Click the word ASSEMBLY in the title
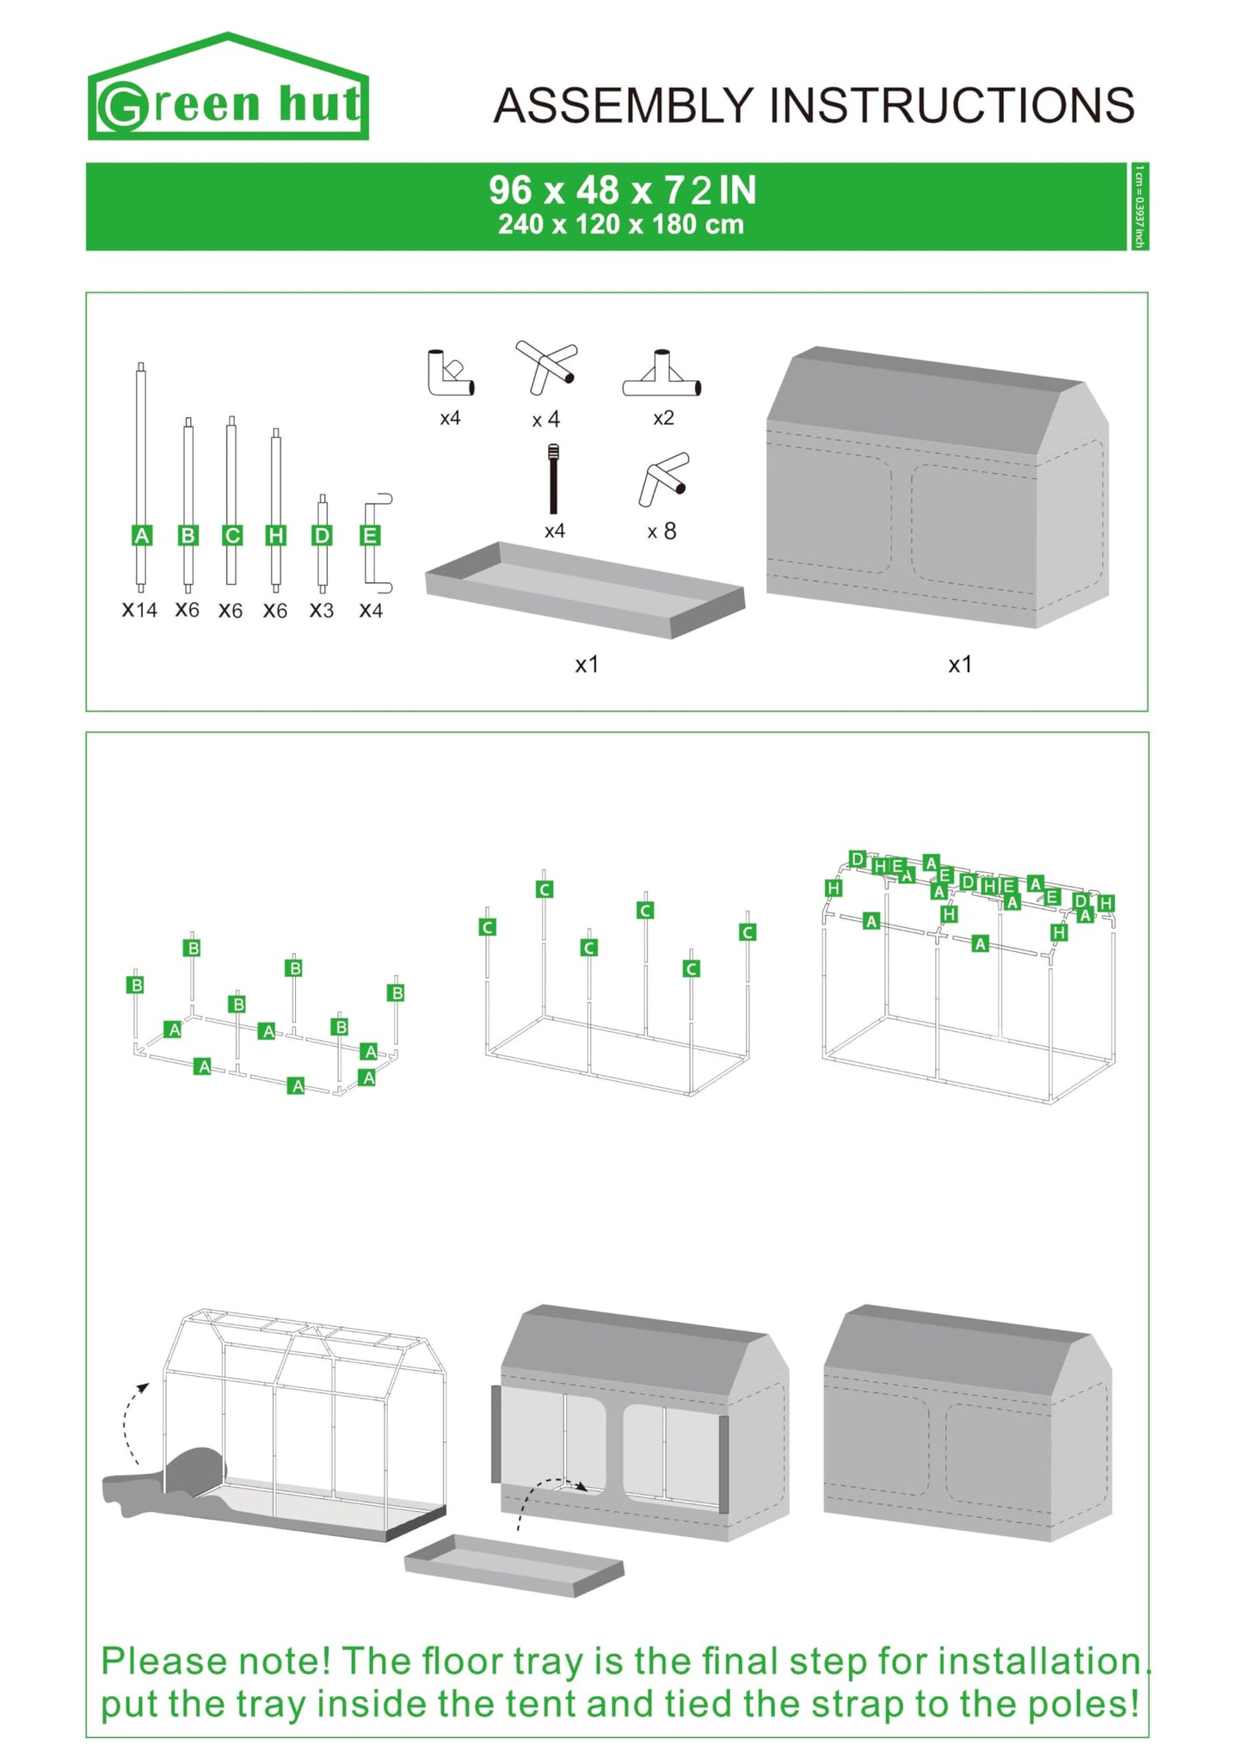pos(623,106)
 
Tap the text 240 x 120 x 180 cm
pos(620,225)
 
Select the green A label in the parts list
pos(142,536)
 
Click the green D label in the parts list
pos(322,536)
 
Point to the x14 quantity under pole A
pos(139,611)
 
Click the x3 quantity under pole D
pos(322,611)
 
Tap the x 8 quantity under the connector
pos(661,532)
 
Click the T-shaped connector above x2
pos(661,376)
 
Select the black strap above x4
pos(554,479)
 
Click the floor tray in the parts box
pos(585,589)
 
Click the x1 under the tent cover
pos(960,665)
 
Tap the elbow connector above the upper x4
pos(450,373)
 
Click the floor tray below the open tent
pos(514,1565)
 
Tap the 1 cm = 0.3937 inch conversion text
pos(1139,206)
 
